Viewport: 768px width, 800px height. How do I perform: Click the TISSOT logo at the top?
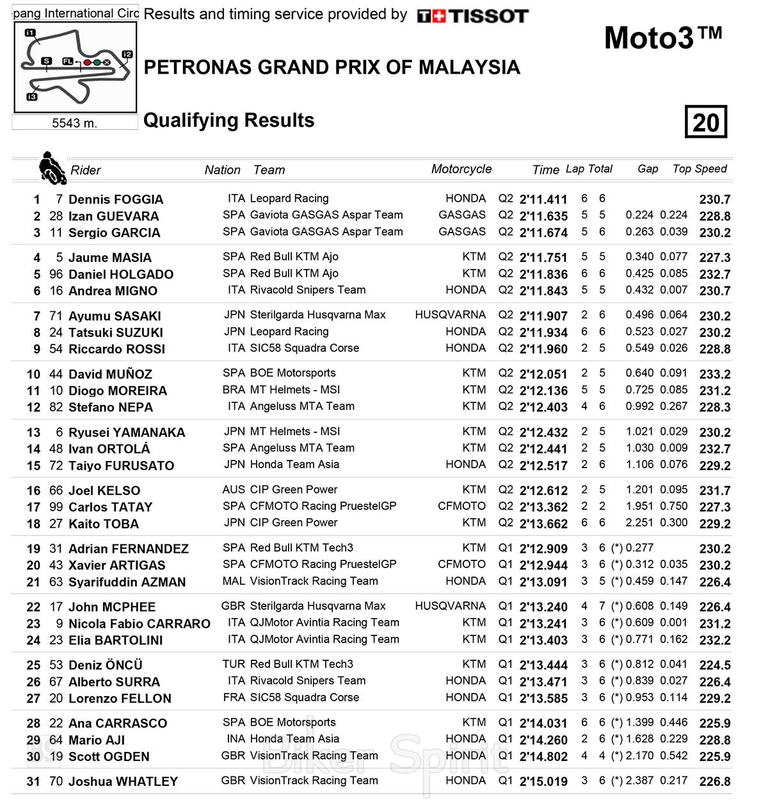tap(472, 16)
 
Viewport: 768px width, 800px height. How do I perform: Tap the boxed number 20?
tap(706, 122)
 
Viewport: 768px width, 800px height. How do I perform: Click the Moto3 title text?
tap(662, 38)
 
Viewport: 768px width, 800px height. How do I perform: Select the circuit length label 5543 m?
tap(74, 123)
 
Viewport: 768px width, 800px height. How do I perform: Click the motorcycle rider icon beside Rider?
tap(52, 168)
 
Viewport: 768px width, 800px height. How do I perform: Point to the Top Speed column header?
tap(700, 169)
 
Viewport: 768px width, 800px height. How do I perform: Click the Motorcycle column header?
tap(461, 169)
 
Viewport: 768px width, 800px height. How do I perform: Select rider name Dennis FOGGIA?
tap(116, 199)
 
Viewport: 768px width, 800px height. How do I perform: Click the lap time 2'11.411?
tap(543, 199)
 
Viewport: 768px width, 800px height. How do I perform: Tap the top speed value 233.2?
tap(715, 374)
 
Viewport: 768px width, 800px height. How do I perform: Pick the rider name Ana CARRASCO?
tap(118, 723)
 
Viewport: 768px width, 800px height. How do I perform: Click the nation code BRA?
tap(234, 389)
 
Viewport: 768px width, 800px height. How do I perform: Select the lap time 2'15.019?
tap(543, 781)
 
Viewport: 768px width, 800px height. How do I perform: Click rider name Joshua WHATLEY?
tap(123, 781)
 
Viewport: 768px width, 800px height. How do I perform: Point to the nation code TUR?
tap(234, 664)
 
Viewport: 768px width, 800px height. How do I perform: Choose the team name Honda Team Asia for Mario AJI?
tap(294, 739)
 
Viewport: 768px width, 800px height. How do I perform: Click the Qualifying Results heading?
tap(228, 120)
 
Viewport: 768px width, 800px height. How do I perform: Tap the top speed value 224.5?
tap(715, 665)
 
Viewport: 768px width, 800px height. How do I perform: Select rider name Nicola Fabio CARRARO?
tap(140, 623)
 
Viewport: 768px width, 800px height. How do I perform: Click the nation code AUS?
tap(234, 490)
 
